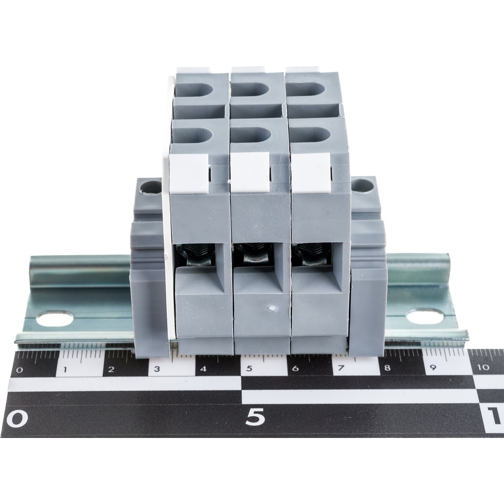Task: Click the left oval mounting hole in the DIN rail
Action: click(54, 319)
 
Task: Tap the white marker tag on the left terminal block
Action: click(188, 174)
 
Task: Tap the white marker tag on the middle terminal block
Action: click(250, 172)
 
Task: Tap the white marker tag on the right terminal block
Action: click(311, 172)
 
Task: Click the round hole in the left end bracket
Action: click(151, 187)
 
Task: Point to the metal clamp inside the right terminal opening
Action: click(313, 254)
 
